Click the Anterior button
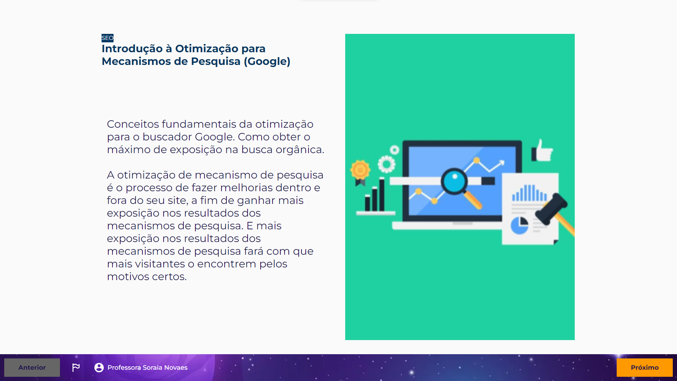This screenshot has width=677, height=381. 32,368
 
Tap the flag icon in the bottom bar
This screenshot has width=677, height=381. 76,368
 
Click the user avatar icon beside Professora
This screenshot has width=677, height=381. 99,368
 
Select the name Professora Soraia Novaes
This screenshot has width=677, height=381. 147,368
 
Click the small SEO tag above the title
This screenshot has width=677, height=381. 107,38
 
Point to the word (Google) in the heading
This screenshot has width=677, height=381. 267,61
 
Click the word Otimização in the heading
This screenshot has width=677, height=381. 207,49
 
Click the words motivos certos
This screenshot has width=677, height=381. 147,277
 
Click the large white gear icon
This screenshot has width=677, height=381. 386,164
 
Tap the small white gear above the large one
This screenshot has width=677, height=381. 395,150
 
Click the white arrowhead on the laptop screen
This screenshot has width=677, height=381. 501,163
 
